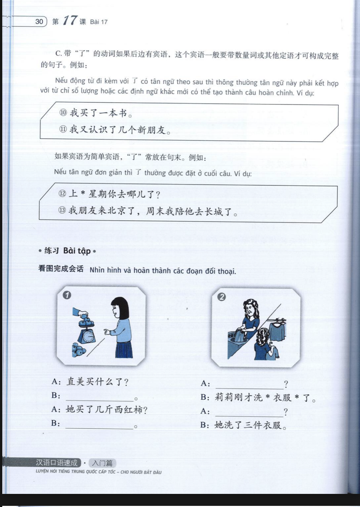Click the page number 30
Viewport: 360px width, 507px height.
39,21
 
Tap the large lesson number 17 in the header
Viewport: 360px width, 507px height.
70,20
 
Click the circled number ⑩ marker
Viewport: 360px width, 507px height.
63,112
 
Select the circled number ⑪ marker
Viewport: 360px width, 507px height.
63,129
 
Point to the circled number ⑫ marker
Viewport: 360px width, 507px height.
62,194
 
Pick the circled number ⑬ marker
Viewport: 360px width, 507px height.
62,210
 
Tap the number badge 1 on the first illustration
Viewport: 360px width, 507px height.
67,295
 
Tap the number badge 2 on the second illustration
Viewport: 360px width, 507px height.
222,297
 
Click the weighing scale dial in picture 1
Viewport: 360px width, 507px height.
88,337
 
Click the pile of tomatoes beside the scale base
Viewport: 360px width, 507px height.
78,350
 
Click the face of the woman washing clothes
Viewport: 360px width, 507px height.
249,309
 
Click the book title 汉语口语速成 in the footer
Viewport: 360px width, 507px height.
57,463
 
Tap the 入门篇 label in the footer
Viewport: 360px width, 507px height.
102,463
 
